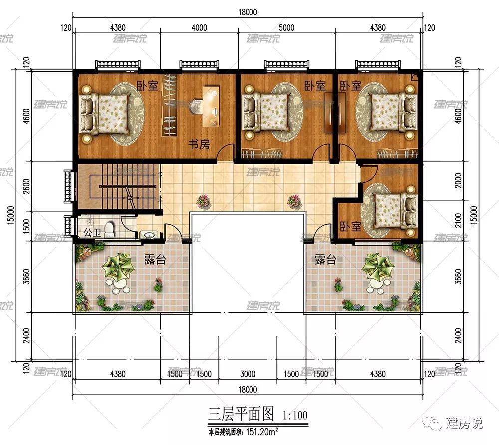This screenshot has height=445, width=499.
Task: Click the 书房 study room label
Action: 199,144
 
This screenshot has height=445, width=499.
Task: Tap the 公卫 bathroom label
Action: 92,232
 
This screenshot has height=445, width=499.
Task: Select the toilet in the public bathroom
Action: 109,229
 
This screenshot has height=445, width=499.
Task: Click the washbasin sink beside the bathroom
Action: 149,235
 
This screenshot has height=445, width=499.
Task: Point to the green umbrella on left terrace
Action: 118,267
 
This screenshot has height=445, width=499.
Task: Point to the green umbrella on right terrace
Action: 378,267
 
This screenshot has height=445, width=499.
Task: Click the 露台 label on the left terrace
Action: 155,259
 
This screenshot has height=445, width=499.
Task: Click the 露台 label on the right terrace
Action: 325,259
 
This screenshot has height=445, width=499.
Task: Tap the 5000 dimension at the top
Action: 286,28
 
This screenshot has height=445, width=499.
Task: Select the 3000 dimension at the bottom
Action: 248,374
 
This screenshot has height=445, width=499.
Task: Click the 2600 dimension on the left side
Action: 27,186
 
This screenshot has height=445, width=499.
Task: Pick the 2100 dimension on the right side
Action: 458,220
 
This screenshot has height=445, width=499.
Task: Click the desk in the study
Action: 211,105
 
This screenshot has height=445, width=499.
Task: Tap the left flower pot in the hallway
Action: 203,201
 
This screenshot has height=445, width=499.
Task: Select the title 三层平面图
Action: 241,414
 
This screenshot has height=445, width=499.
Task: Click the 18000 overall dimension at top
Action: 248,12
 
